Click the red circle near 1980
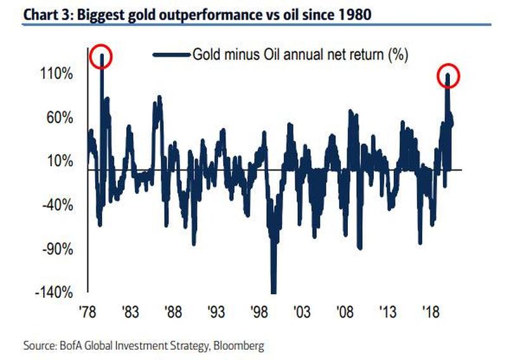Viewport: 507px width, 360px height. [101, 58]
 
